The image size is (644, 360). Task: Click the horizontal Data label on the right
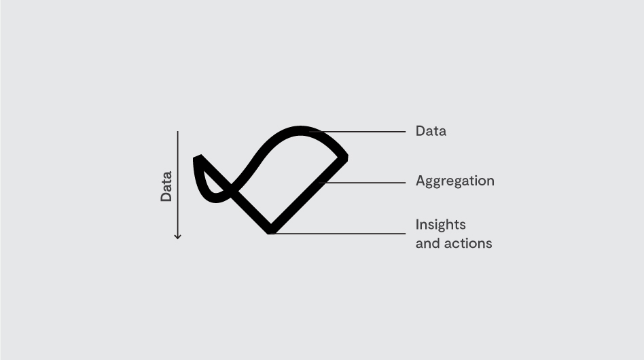point(431,131)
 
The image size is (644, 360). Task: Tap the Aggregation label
point(454,181)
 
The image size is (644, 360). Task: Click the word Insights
point(440,225)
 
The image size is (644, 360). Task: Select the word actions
point(468,243)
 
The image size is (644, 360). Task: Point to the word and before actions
point(428,243)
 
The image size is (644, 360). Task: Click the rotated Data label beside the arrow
point(166,186)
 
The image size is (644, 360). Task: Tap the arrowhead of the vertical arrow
point(177,237)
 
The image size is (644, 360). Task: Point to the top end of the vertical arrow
point(177,131)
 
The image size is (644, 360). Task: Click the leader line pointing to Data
point(357,132)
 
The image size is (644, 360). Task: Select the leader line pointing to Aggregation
point(362,183)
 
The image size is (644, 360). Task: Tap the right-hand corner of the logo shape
point(347,157)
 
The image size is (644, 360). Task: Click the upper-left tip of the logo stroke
point(197,156)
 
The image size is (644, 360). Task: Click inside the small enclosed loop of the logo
point(211,183)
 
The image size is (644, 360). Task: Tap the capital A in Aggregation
point(421,180)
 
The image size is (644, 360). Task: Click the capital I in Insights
point(417,224)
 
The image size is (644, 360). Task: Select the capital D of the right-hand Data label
point(420,131)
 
